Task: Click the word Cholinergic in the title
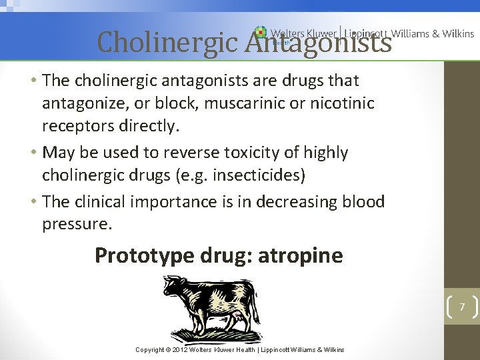point(167,43)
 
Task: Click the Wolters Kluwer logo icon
point(260,32)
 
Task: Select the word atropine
point(303,255)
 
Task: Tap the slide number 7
point(461,307)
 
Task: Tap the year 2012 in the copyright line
point(179,349)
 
